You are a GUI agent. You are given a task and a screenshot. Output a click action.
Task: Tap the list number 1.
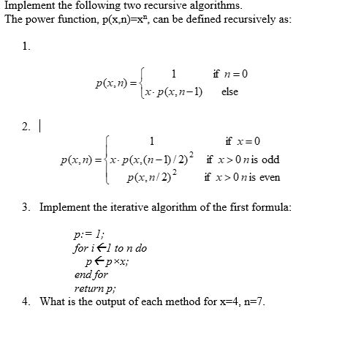point(26,47)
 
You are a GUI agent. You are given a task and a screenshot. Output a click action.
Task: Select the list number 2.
point(26,127)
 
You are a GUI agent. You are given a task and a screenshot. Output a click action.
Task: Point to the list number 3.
point(26,207)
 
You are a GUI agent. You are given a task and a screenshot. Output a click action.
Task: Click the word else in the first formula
point(229,92)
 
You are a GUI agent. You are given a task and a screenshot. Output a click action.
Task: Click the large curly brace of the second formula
point(108,159)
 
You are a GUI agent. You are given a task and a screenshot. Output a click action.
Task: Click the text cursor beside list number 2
point(39,127)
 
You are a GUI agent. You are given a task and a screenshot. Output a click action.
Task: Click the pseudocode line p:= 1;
point(87,236)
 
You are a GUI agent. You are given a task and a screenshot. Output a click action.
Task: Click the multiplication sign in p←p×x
point(110,262)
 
